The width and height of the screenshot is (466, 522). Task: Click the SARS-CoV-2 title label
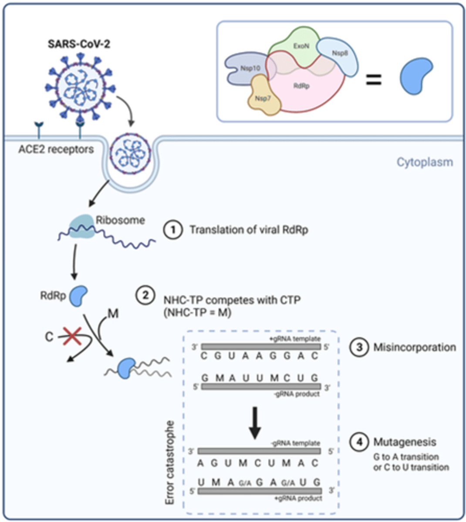[79, 44]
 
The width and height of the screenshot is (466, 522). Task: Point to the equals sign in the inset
[373, 80]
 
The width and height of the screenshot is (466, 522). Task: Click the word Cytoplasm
[424, 162]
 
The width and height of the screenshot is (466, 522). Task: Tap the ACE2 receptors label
[56, 149]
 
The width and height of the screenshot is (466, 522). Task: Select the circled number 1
[173, 229]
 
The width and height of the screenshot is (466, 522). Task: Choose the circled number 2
[145, 295]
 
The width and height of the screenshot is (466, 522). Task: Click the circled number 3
[359, 347]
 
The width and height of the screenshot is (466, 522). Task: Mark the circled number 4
[359, 442]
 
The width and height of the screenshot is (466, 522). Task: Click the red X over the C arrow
[71, 336]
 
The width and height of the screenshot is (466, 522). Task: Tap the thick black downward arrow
[255, 424]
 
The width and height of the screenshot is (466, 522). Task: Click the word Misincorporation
[415, 347]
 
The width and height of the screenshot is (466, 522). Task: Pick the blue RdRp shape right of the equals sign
[415, 77]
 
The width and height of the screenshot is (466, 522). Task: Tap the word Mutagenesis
[405, 442]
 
